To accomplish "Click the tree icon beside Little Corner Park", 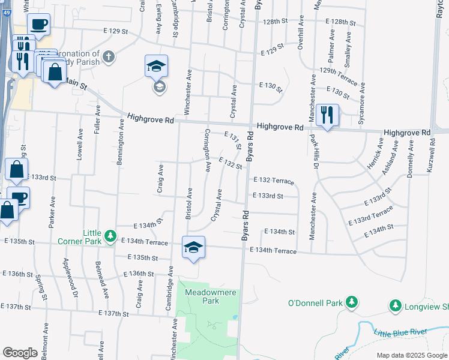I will click(x=110, y=236).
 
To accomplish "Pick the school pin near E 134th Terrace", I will click(x=194, y=247).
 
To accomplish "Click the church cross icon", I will click(x=108, y=56).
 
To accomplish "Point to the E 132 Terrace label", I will click(x=273, y=180).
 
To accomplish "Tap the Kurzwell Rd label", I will click(x=430, y=154).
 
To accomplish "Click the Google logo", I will click(x=20, y=353).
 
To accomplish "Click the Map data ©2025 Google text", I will click(x=411, y=355).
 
